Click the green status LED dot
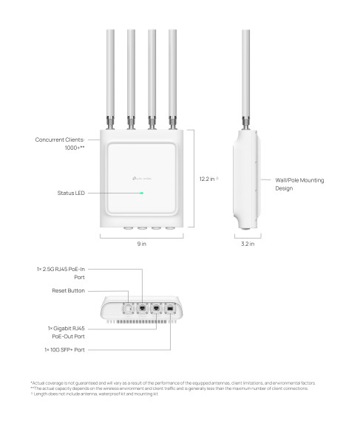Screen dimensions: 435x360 [x=143, y=193]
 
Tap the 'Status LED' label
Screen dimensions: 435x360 [x=71, y=193]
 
